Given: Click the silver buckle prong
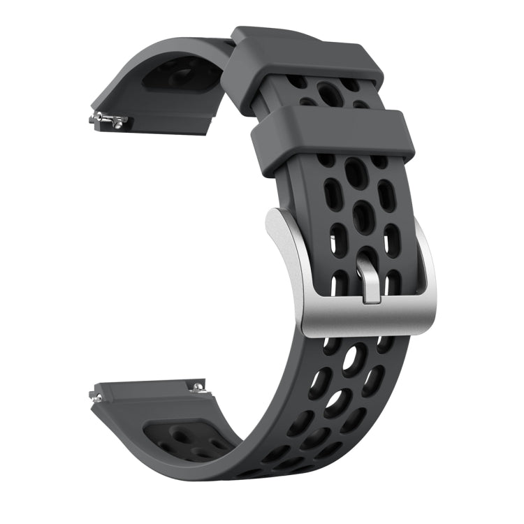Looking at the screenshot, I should point(371,279).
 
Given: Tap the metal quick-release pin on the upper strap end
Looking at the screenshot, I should point(108,119).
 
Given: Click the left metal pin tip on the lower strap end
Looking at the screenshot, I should point(96,397).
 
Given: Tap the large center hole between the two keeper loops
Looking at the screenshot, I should point(329,92).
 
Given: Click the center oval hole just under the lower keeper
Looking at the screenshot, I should point(355,172).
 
